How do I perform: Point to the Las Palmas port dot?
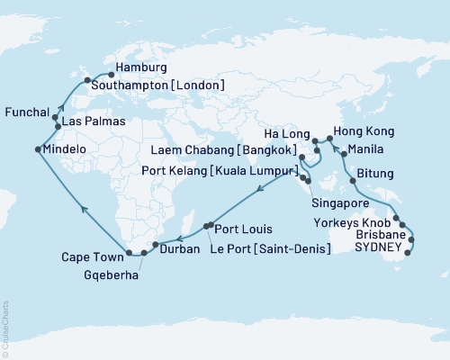[58, 127]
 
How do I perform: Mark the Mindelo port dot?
[38, 149]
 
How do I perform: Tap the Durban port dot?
[157, 244]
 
